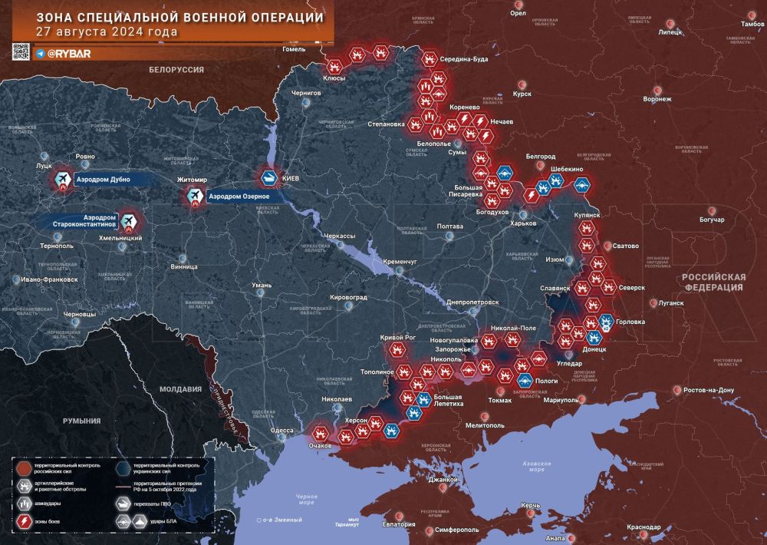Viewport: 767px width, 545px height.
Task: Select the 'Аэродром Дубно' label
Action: pyautogui.click(x=103, y=180)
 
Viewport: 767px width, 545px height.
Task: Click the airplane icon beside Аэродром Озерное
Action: pyautogui.click(x=196, y=197)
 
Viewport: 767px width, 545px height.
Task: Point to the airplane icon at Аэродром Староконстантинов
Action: pyautogui.click(x=128, y=223)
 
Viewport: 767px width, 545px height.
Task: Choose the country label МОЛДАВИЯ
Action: pyautogui.click(x=181, y=389)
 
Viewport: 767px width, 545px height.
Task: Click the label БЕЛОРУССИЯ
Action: pyautogui.click(x=176, y=69)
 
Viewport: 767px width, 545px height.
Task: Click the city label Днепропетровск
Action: pyautogui.click(x=472, y=302)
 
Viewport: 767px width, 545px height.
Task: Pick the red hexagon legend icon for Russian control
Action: pyautogui.click(x=25, y=468)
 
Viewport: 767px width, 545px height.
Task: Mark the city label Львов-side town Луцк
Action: pyautogui.click(x=44, y=165)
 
